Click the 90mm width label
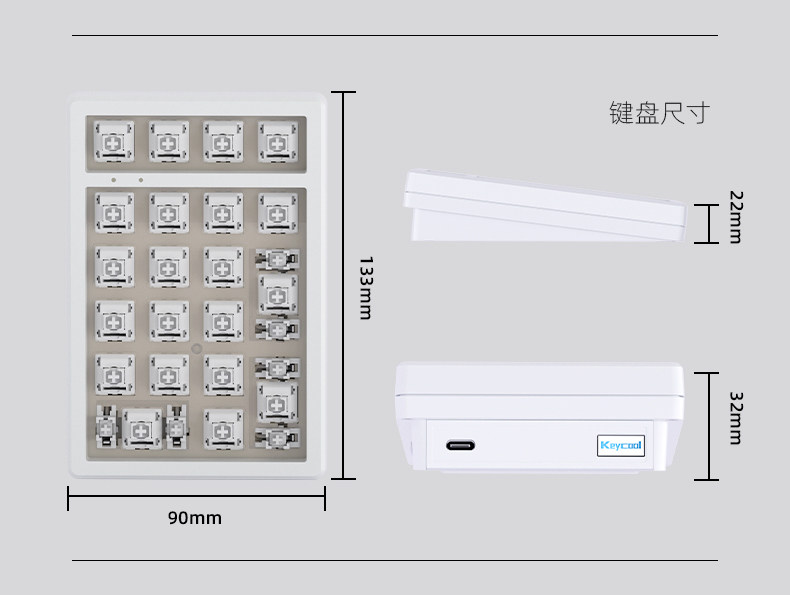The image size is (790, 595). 195,518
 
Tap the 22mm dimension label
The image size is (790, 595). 735,217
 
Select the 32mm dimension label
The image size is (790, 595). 735,417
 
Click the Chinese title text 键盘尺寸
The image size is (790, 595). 659,113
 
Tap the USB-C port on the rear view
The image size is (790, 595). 461,446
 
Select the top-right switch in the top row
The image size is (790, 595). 277,141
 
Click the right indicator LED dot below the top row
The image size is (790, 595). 140,181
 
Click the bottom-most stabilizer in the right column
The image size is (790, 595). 277,436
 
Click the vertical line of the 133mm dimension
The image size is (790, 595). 343,285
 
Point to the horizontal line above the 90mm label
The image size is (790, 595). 196,498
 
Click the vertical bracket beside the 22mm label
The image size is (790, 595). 708,223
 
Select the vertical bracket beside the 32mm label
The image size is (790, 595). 708,426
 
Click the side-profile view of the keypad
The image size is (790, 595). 545,207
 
